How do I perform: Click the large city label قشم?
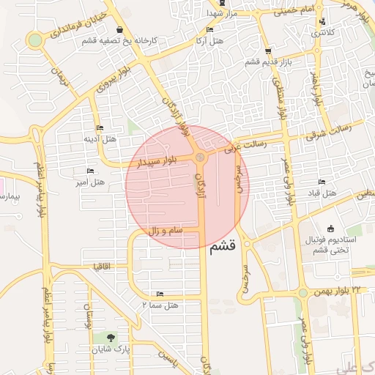[x=223, y=248]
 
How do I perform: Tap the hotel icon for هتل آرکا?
[x=210, y=29]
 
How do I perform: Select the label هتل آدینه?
[x=100, y=138]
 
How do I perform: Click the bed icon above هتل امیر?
[x=91, y=171]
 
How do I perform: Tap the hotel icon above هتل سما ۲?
[x=160, y=294]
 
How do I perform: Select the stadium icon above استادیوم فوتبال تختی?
[x=331, y=228]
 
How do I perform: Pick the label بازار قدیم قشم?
[x=264, y=62]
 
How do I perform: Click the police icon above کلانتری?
[x=322, y=22]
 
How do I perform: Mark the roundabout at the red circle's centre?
[x=200, y=157]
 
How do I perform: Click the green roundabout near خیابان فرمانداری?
[x=33, y=40]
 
